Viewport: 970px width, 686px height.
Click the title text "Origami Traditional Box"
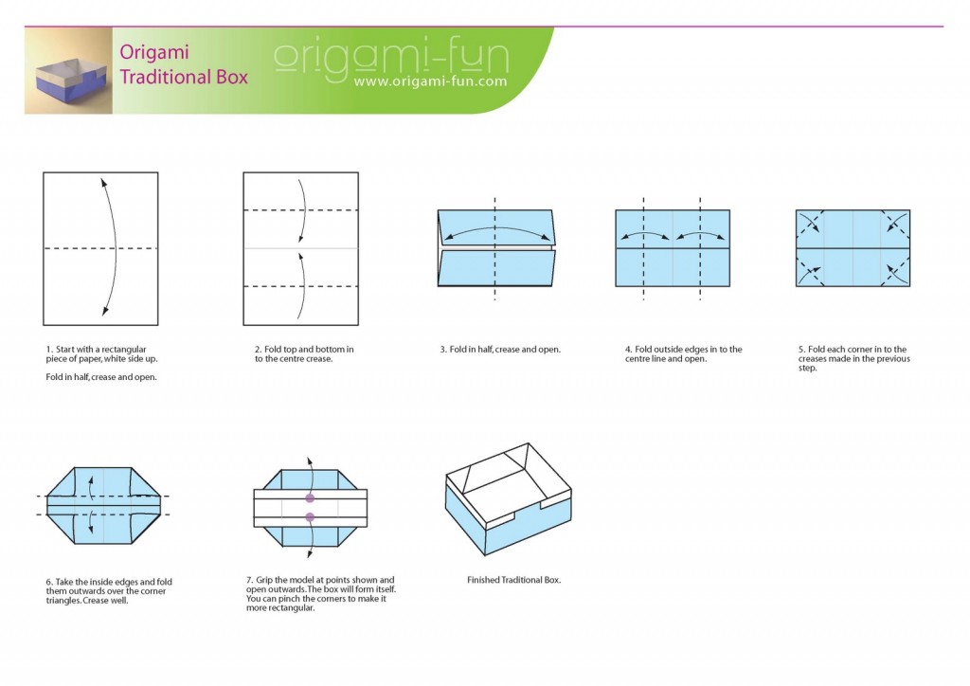coord(183,64)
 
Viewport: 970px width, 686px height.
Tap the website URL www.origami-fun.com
coord(429,81)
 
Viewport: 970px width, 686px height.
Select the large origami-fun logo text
coord(390,57)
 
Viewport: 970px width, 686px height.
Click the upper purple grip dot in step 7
coord(310,497)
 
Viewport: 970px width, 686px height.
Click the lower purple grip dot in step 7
coord(310,516)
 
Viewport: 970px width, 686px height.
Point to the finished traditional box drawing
coord(508,499)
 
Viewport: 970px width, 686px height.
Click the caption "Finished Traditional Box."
coord(514,580)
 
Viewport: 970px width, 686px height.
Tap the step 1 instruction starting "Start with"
coord(96,354)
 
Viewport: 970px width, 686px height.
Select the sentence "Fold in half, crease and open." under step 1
coord(100,377)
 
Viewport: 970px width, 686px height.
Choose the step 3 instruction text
coord(499,350)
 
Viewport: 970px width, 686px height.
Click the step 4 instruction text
coord(683,354)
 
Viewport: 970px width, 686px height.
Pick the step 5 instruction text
coord(853,358)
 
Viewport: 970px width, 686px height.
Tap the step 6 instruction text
coord(108,591)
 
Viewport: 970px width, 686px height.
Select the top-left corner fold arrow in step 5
coord(808,222)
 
